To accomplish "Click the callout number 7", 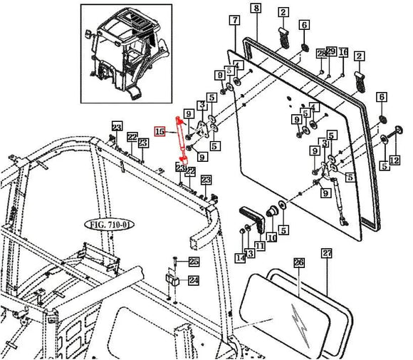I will (234, 21).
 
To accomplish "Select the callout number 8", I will (256, 9).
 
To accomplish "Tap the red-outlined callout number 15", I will (160, 132).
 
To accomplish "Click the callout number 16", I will (343, 53).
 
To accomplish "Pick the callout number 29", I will (331, 53).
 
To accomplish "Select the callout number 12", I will (394, 160).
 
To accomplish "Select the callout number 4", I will (238, 65).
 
